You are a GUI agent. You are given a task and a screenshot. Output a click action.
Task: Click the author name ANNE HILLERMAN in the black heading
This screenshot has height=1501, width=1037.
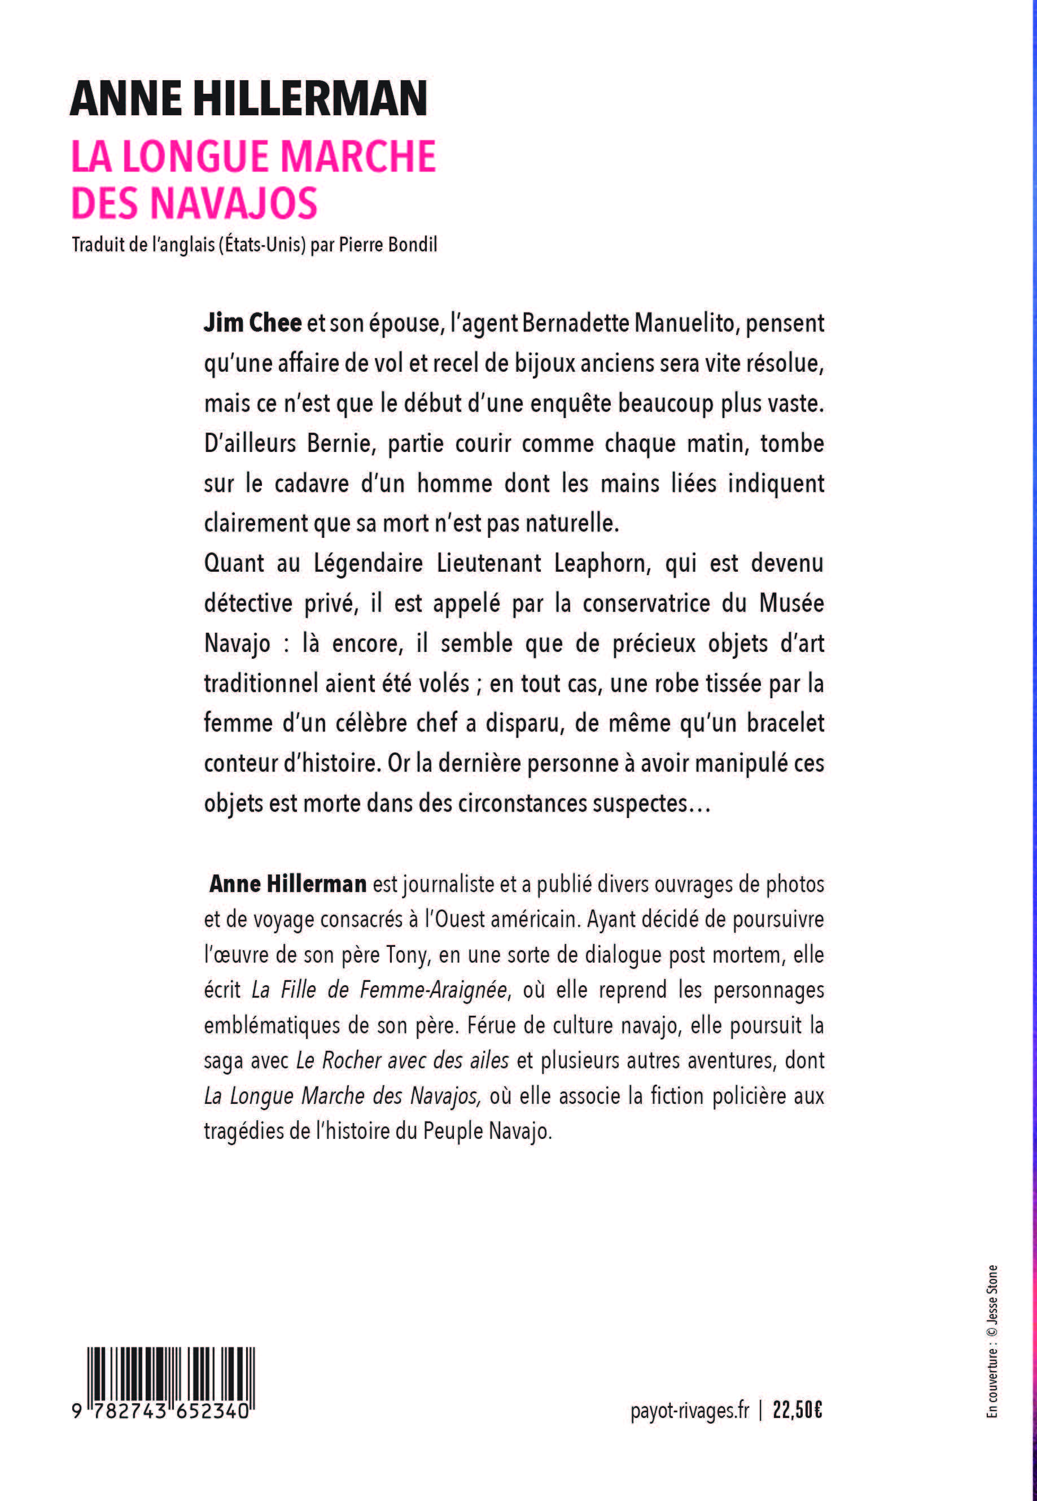[x=248, y=99]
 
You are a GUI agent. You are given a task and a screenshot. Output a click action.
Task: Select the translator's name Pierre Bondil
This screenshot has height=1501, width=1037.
[x=388, y=245]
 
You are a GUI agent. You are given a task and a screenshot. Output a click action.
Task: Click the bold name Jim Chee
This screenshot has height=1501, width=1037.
[x=253, y=323]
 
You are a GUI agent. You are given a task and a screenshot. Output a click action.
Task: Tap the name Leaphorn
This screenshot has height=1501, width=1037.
[x=602, y=563]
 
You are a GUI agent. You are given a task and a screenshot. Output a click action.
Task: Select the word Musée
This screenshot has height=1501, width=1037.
[x=791, y=603]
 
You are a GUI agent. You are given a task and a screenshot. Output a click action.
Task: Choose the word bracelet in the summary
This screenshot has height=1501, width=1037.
[x=785, y=723]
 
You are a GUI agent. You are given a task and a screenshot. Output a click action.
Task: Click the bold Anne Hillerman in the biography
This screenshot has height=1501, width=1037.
[x=288, y=884]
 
